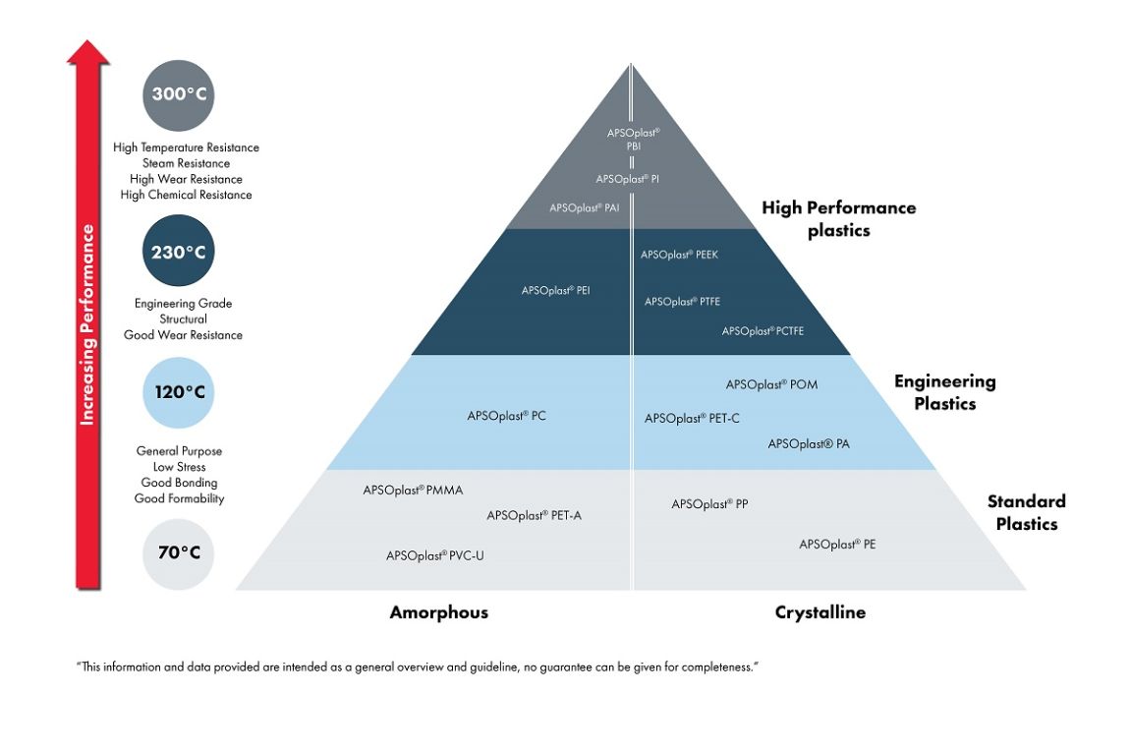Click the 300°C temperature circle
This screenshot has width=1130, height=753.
tap(178, 95)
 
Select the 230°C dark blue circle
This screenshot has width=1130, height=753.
tap(178, 252)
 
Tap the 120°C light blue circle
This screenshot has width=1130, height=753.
tap(178, 392)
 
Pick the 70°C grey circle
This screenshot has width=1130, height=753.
tap(178, 552)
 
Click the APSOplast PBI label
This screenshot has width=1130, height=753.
tap(633, 139)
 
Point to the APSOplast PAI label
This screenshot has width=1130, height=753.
tap(584, 207)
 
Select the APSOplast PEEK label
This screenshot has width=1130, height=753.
tap(679, 255)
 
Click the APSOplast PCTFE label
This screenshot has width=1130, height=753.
tap(763, 331)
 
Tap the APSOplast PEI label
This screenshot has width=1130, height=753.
tap(555, 290)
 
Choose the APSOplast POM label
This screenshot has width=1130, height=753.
tap(771, 384)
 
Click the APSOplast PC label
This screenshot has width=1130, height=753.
tap(506, 416)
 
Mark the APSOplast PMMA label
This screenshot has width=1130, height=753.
tap(412, 490)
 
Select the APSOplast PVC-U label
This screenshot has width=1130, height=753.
tap(434, 555)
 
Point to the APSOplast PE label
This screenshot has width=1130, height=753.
tap(837, 544)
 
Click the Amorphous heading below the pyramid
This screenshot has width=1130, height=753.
tap(438, 612)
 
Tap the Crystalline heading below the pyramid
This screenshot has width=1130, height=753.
tap(820, 612)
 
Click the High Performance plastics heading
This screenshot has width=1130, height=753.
tap(838, 219)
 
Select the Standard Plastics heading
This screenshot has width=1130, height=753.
tap(1026, 512)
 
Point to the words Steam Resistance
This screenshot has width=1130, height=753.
tap(186, 163)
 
